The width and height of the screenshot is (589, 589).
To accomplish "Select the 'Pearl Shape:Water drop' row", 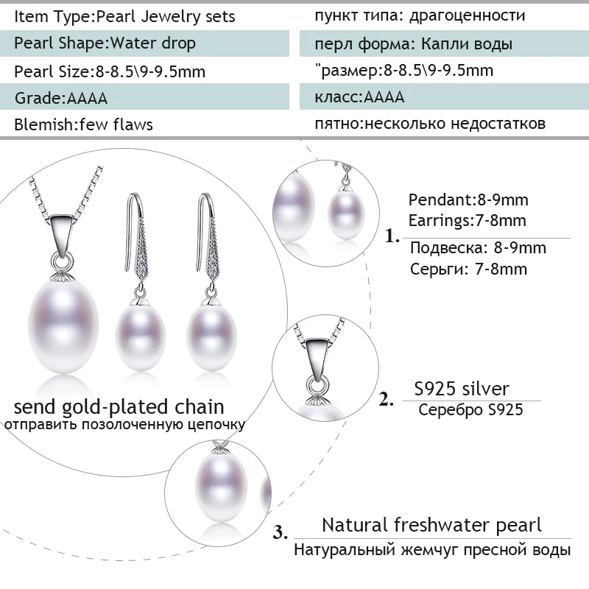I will click(x=105, y=43).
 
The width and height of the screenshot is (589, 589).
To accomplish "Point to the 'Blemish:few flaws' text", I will click(x=84, y=124).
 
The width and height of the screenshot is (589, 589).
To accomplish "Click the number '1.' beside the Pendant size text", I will click(x=393, y=237).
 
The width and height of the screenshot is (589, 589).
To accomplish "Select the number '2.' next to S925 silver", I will click(x=387, y=400).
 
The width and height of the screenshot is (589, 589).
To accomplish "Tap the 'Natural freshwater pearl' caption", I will click(x=432, y=525).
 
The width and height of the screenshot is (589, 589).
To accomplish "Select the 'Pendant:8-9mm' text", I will click(x=468, y=200).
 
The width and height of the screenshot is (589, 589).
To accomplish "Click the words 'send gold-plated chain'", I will click(x=119, y=406).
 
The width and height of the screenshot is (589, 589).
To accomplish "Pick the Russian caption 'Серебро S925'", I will click(x=470, y=410).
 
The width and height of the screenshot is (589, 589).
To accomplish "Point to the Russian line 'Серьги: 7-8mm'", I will click(x=469, y=269).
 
